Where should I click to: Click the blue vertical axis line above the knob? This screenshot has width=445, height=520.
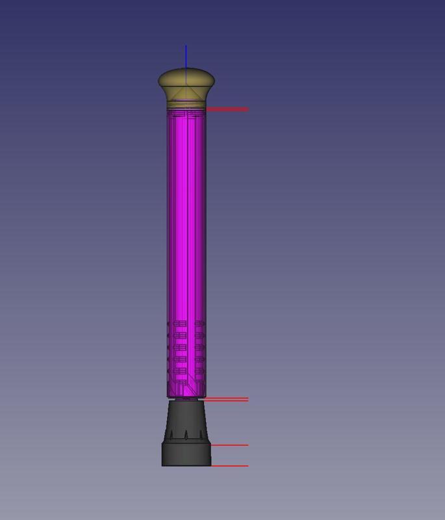coord(186,57)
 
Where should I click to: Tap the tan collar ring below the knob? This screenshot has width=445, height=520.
coord(186,102)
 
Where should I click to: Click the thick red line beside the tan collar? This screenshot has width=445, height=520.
coord(227,109)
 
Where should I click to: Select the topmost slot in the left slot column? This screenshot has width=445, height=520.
coord(179,323)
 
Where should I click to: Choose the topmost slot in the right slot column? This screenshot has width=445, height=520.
coord(199,323)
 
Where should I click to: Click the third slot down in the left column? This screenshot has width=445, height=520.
coord(179,347)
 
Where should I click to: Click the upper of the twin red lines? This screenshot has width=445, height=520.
coord(227,397)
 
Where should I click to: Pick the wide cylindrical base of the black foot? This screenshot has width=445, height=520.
coord(186,454)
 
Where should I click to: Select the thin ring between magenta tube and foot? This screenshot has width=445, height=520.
coord(186,399)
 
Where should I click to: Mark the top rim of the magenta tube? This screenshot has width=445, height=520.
coord(186,110)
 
